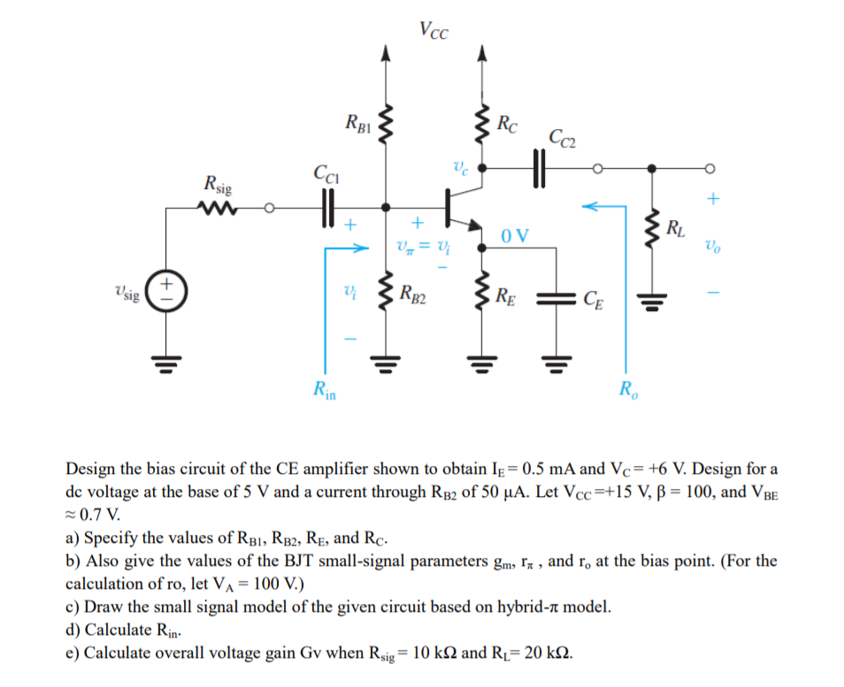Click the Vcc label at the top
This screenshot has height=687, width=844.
[x=434, y=31]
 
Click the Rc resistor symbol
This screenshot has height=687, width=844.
[x=482, y=126]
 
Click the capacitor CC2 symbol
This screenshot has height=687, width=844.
[x=539, y=167]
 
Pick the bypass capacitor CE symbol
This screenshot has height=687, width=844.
[x=558, y=297]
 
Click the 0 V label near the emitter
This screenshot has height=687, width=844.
[x=514, y=235]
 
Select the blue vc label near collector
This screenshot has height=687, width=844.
[x=460, y=164]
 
